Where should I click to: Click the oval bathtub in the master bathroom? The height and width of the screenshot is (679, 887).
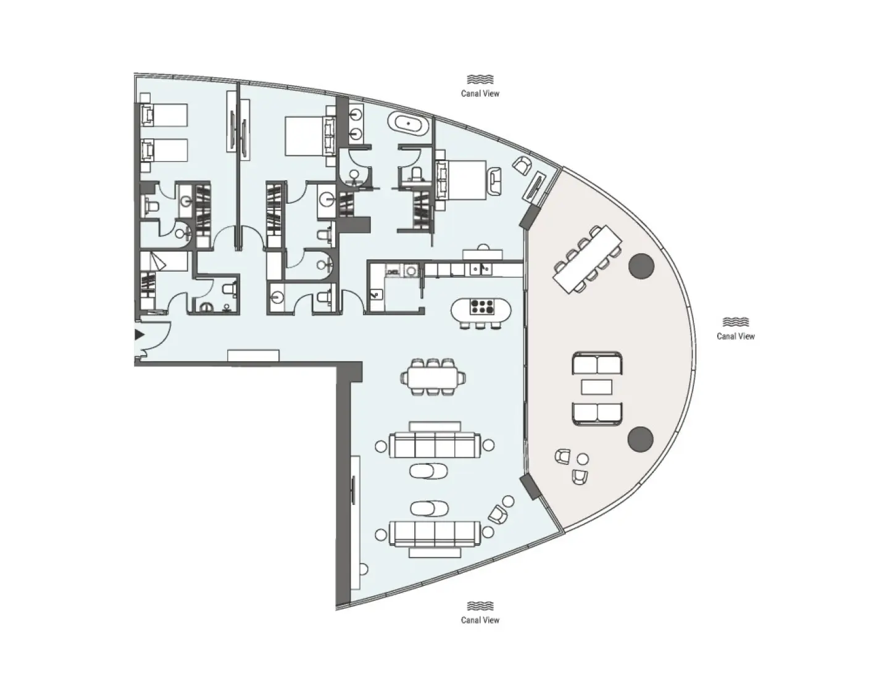point(408,124)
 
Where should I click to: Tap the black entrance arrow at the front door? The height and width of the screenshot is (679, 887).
point(140,335)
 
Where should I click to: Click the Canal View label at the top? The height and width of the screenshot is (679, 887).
point(480,94)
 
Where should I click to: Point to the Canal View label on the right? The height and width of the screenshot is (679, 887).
point(735,336)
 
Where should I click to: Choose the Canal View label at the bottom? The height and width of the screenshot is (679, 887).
point(480,620)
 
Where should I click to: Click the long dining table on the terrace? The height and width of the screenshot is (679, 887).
point(586,259)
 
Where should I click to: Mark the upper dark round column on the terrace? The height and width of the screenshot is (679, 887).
point(641,265)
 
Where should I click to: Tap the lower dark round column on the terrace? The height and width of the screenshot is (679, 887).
point(640,438)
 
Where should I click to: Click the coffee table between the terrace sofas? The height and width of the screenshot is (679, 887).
point(597,387)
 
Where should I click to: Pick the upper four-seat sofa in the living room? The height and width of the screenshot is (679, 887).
point(435,444)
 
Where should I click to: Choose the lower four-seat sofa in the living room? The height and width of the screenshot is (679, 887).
point(435,533)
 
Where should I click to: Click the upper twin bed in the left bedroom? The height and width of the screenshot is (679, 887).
point(164,115)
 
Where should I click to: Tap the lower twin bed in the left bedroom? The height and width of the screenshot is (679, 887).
point(164,150)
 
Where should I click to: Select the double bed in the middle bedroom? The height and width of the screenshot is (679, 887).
point(306,136)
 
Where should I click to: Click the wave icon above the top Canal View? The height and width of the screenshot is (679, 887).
point(480,80)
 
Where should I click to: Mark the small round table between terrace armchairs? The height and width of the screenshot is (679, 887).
point(582,459)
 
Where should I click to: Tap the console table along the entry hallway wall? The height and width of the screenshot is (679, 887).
point(253,356)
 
